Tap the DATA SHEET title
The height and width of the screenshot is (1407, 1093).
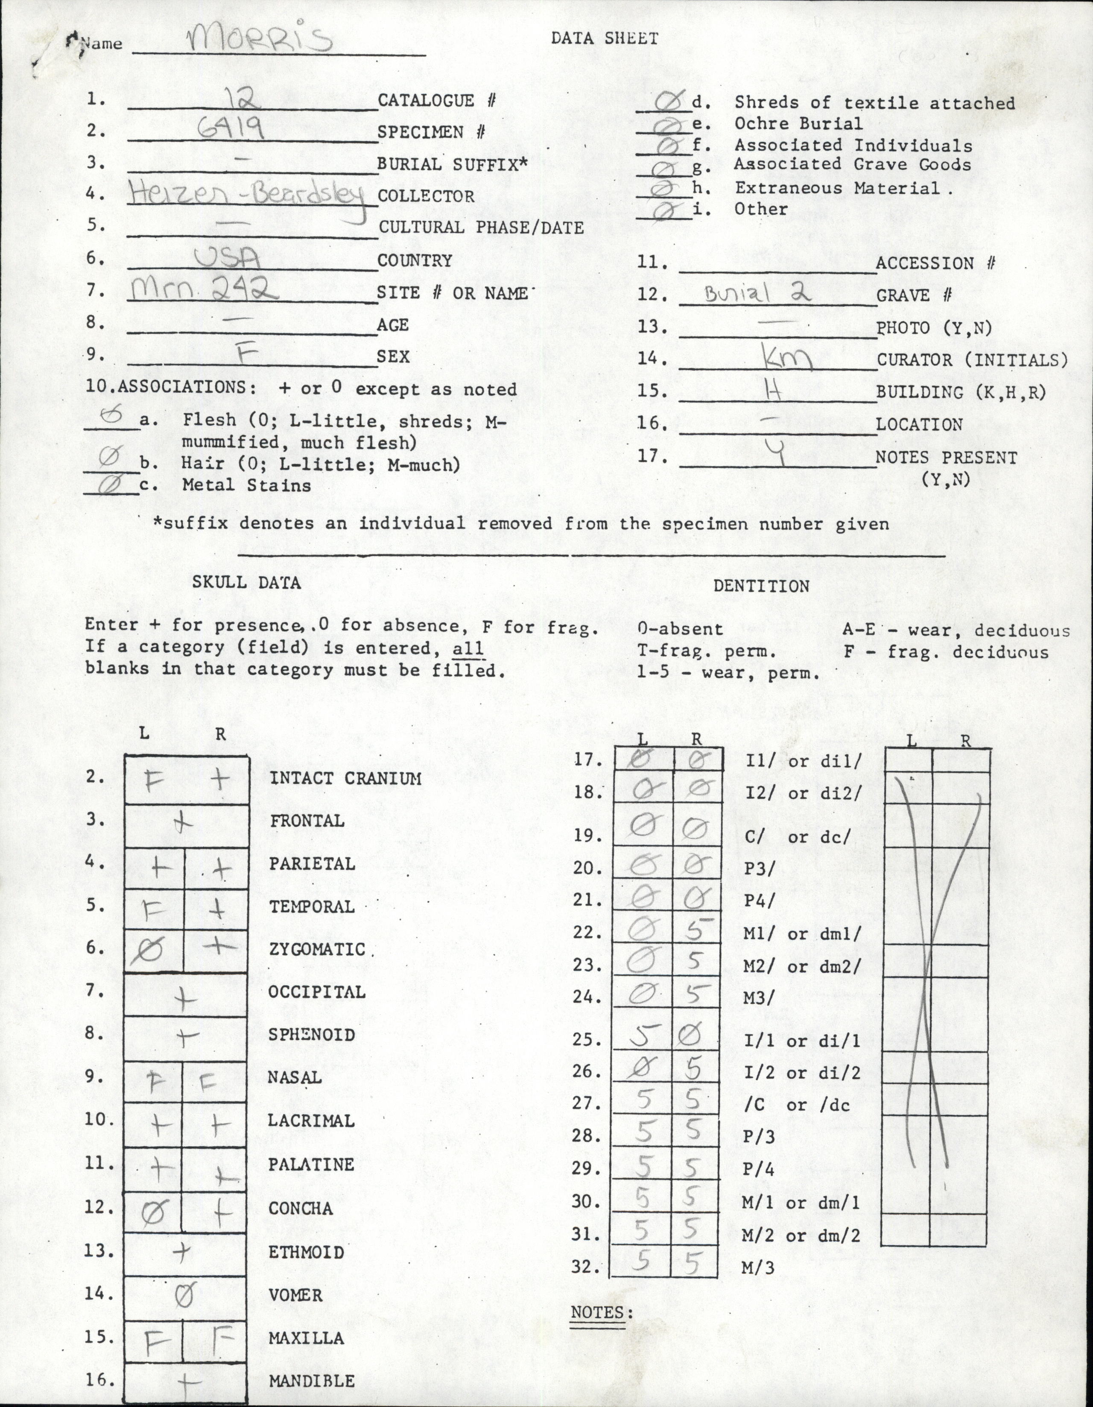click(604, 39)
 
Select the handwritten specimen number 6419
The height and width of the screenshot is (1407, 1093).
click(231, 131)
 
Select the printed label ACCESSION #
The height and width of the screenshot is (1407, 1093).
click(935, 263)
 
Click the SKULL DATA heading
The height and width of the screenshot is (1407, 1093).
click(246, 582)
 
